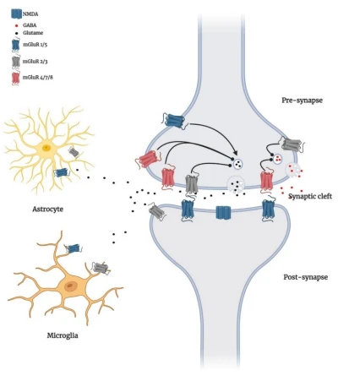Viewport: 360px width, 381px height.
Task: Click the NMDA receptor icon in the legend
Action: (x=16, y=14)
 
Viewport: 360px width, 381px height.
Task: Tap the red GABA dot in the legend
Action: (x=17, y=25)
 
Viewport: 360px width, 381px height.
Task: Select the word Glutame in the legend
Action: (x=33, y=33)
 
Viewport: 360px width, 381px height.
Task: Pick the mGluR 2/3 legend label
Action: (x=35, y=61)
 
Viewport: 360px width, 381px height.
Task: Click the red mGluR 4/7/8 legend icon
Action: (x=15, y=78)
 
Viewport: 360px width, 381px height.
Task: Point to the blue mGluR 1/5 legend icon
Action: (x=16, y=45)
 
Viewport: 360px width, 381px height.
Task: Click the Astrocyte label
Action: (x=47, y=210)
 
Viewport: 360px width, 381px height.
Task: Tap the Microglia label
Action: (x=63, y=335)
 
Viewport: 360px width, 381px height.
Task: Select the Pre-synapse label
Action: (x=302, y=101)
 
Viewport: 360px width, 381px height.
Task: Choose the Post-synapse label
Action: (x=305, y=277)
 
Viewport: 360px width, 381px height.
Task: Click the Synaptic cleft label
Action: (x=310, y=196)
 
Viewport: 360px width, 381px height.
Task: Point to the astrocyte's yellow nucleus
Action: (x=46, y=148)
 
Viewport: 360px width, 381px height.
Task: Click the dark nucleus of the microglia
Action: (x=70, y=286)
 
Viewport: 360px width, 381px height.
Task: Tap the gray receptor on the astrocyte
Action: (x=74, y=152)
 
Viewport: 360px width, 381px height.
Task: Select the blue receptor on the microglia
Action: (x=74, y=248)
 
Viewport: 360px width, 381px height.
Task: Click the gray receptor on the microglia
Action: (x=101, y=268)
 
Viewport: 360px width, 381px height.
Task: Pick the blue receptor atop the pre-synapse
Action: (x=175, y=121)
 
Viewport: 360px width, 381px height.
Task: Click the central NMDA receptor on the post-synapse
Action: (x=223, y=212)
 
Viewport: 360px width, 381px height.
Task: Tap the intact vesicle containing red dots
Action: (x=278, y=158)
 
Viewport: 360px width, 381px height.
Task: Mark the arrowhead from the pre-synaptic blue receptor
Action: (x=235, y=152)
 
